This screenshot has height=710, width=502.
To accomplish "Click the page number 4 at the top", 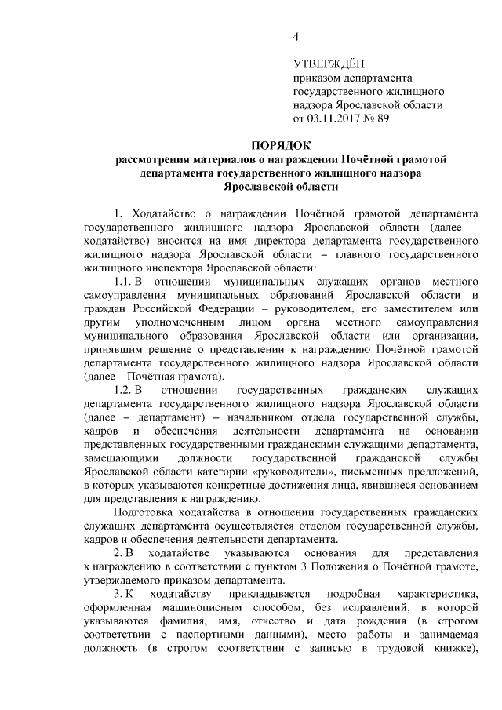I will (296, 37).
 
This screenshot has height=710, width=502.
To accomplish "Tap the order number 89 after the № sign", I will (383, 119).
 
